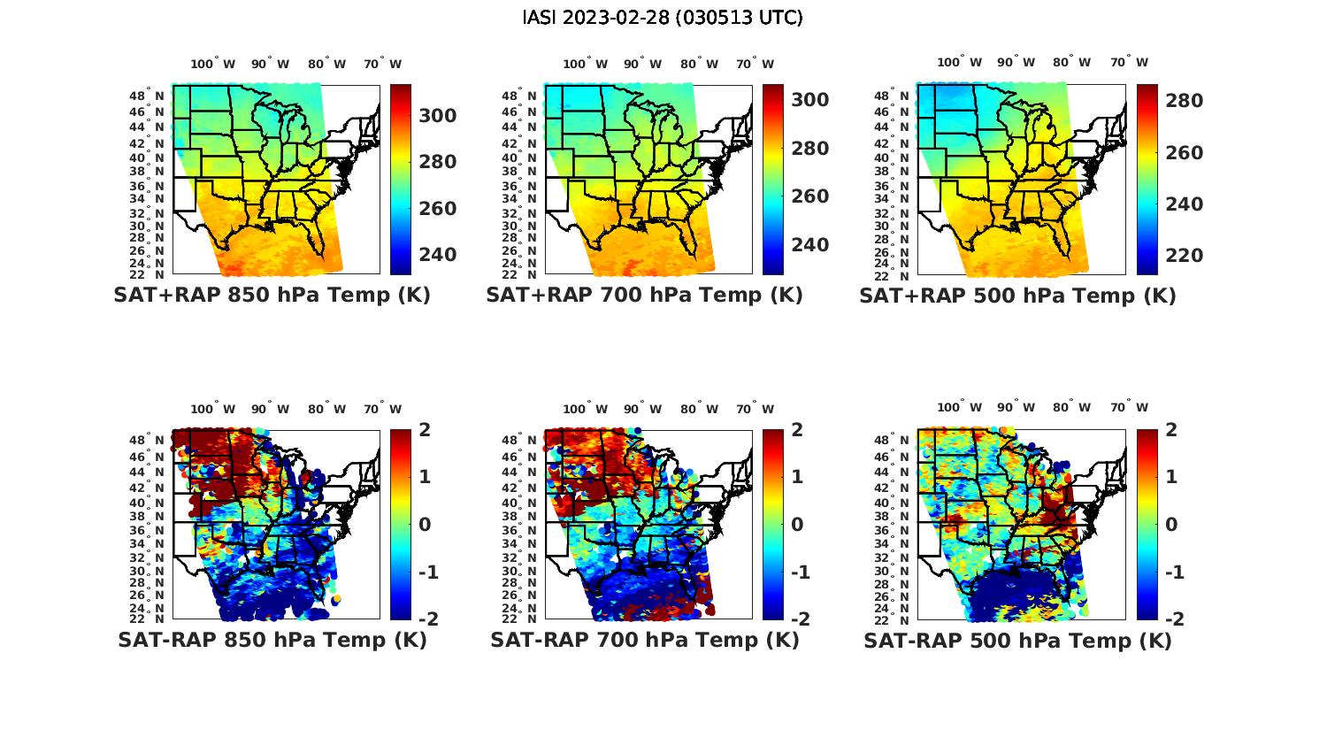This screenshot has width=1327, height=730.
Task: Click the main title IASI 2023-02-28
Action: [663, 18]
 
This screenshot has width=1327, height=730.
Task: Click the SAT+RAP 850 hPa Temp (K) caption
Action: [272, 296]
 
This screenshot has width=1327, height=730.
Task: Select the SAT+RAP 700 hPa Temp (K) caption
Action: [644, 296]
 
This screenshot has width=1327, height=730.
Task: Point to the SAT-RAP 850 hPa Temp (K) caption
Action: [272, 640]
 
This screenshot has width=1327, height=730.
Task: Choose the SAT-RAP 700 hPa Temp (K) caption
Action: [644, 640]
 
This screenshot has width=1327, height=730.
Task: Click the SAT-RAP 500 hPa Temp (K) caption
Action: [1017, 641]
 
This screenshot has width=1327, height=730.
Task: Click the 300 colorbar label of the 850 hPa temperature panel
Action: [437, 116]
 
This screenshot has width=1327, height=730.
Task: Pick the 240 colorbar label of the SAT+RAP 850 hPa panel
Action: [437, 255]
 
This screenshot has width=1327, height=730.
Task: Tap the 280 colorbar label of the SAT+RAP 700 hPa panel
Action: [809, 149]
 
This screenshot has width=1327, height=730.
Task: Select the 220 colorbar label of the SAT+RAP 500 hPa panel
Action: [1184, 256]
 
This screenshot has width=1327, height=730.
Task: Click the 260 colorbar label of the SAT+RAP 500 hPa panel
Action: [1184, 153]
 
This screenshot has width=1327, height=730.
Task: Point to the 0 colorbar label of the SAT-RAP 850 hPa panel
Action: [424, 525]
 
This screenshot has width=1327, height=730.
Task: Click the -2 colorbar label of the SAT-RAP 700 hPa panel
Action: [799, 619]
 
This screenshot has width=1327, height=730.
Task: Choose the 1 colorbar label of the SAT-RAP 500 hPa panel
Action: [1171, 477]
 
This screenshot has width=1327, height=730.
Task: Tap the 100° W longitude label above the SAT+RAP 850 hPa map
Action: [213, 64]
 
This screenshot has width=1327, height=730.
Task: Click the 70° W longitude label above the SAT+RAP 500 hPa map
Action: [1129, 62]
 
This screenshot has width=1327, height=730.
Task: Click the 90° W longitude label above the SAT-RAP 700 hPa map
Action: [642, 409]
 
